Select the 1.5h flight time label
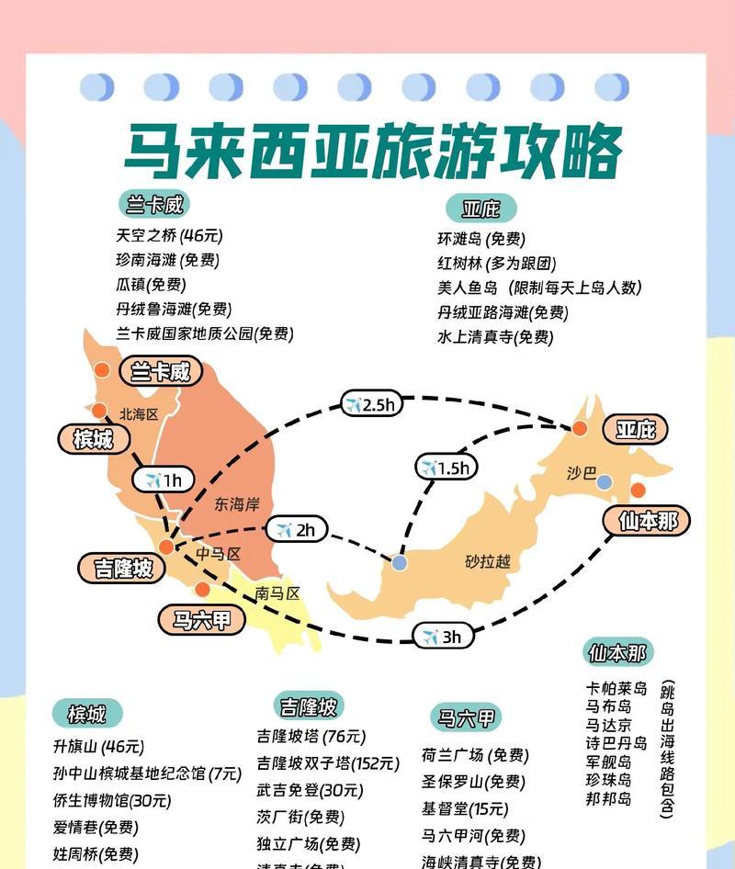pyautogui.click(x=445, y=468)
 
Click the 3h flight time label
pyautogui.click(x=442, y=636)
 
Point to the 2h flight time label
pyautogui.click(x=296, y=530)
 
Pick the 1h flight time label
pyautogui.click(x=164, y=480)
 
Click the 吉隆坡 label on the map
pyautogui.click(x=117, y=568)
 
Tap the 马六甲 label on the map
pyautogui.click(x=202, y=620)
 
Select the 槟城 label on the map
pyautogui.click(x=92, y=439)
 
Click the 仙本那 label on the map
pyautogui.click(x=648, y=521)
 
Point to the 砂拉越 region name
pyautogui.click(x=487, y=561)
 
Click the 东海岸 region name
pyautogui.click(x=237, y=503)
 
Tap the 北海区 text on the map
pyautogui.click(x=140, y=414)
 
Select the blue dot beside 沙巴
pyautogui.click(x=604, y=482)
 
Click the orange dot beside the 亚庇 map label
pyautogui.click(x=580, y=428)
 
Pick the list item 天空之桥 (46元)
pyautogui.click(x=169, y=235)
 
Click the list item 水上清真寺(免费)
pyautogui.click(x=495, y=337)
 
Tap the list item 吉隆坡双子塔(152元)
pyautogui.click(x=328, y=762)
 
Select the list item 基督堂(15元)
pyautogui.click(x=465, y=809)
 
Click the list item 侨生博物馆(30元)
pyautogui.click(x=112, y=800)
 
